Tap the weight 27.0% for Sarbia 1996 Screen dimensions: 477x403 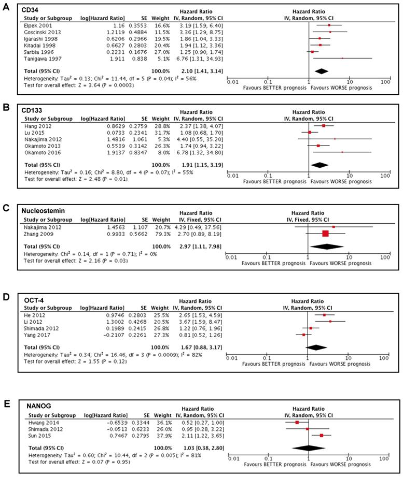[x=164, y=51]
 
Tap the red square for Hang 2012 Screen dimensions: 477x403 [x=324, y=125]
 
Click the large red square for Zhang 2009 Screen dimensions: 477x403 [x=325, y=234]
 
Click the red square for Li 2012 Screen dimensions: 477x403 [x=330, y=321]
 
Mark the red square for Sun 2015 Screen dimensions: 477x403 [x=322, y=436]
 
